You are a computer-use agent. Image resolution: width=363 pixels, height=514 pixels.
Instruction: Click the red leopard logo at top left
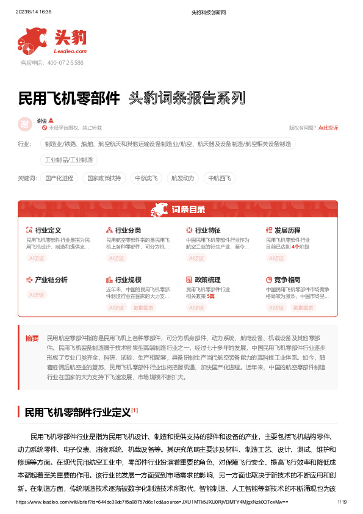click(x=32, y=40)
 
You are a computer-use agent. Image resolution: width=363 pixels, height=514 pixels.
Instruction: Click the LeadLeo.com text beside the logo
click(x=70, y=52)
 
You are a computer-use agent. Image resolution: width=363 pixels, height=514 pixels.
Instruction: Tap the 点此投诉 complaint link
click(x=328, y=128)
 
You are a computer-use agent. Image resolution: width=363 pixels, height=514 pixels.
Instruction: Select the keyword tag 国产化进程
click(x=60, y=178)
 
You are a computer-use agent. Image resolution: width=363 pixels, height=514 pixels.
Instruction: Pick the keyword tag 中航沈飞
click(x=146, y=178)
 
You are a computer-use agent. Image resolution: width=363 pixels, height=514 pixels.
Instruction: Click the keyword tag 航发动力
click(x=183, y=178)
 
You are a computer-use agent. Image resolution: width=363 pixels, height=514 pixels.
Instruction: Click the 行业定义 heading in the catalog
click(x=48, y=230)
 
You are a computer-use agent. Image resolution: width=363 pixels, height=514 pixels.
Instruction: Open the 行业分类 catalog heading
click(x=128, y=230)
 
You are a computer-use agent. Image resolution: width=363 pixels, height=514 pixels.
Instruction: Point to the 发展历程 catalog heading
click(x=287, y=230)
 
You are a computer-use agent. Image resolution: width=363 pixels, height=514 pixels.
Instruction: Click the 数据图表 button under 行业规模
click(x=145, y=308)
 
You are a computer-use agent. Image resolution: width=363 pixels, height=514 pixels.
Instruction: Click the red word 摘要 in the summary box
click(x=32, y=338)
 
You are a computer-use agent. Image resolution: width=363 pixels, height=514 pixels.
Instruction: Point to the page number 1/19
click(x=342, y=502)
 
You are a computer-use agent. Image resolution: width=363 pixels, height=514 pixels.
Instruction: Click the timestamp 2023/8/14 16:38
click(x=33, y=12)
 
